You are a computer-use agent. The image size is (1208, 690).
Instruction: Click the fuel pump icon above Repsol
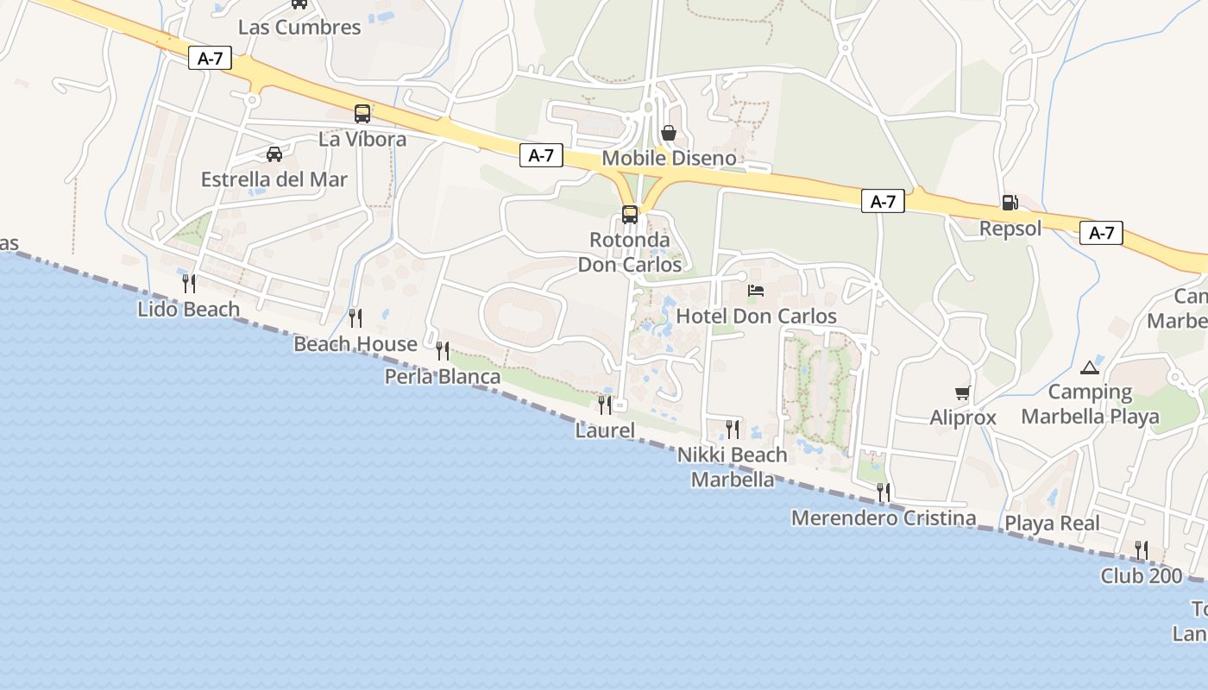1010,203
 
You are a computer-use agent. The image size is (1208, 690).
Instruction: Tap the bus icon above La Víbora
362,113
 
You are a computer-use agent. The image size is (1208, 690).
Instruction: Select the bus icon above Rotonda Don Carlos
630,214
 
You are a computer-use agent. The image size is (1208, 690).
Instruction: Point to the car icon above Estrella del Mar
274,154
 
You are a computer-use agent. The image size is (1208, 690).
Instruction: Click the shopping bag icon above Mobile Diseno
668,133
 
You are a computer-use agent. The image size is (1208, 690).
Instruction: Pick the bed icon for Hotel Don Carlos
756,291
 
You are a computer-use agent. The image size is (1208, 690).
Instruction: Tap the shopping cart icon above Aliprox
962,392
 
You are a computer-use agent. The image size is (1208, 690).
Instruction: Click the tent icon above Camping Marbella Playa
1090,367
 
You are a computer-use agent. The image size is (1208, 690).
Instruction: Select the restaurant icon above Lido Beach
188,283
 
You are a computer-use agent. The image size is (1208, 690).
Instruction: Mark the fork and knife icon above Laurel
605,405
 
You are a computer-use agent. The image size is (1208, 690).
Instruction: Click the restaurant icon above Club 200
1141,549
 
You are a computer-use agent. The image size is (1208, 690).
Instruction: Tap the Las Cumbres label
299,27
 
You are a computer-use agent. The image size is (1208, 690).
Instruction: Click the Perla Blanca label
443,377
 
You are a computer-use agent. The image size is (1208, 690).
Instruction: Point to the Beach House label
355,344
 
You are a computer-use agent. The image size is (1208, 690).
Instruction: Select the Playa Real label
1052,524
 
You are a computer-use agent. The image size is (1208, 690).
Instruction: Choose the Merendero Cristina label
884,518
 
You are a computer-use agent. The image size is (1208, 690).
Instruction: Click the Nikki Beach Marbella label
733,467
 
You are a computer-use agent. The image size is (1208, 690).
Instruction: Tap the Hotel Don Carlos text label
756,317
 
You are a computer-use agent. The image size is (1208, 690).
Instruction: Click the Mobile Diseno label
669,159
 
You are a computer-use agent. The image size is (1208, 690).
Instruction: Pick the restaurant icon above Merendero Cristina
884,492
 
